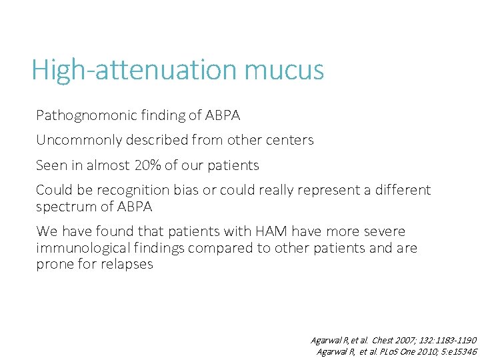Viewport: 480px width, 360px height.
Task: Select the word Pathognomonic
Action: [x=83, y=115]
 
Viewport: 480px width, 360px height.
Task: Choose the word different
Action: [x=402, y=190]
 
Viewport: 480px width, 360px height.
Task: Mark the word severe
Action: [x=385, y=231]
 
